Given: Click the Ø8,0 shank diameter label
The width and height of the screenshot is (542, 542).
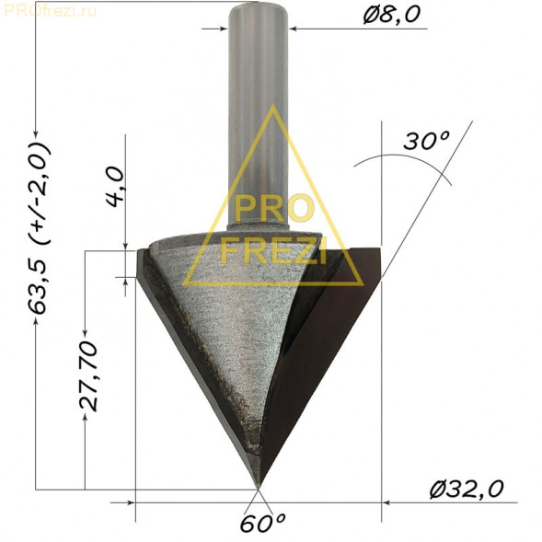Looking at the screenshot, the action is click(392, 16).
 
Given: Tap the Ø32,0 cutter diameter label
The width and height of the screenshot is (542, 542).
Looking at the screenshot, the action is click(467, 489).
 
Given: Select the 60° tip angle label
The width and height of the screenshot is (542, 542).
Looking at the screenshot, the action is click(262, 524).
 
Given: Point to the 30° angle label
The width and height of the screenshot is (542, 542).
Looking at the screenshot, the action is click(426, 141).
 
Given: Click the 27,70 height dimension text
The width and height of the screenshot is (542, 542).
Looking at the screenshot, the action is click(87, 375).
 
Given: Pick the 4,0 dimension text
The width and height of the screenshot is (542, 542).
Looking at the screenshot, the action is click(115, 187).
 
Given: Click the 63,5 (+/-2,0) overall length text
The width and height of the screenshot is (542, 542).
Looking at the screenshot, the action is click(39, 228).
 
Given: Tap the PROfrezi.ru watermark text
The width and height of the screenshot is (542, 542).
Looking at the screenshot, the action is click(50, 11).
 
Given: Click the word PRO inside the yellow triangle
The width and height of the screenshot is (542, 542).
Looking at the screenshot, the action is click(272, 207).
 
